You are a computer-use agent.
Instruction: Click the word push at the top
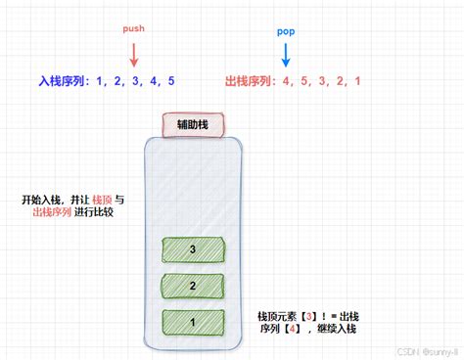coord(133,29)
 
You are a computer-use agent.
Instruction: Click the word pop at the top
coord(287,32)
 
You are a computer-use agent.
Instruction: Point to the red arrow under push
coord(134,54)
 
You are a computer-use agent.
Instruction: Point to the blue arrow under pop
coord(287,56)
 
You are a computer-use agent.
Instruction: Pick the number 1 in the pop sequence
coord(359,81)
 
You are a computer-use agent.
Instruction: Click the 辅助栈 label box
coord(193,125)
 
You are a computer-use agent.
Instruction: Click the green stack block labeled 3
coord(193,250)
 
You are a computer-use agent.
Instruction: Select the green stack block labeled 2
coord(193,287)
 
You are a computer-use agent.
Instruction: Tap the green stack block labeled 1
coord(193,322)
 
